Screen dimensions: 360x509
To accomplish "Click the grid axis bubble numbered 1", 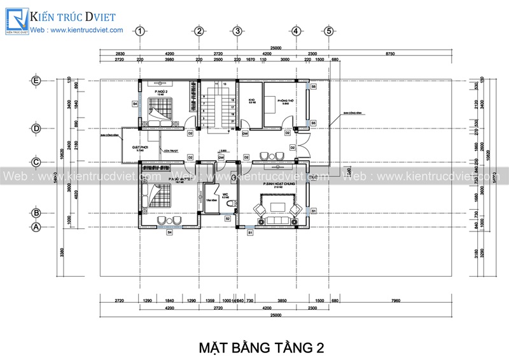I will [140, 31].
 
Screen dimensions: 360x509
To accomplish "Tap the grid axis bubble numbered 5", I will [329, 31].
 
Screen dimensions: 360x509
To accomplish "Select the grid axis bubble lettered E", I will [36, 81].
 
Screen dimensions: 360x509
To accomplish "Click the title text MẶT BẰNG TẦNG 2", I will [261, 348].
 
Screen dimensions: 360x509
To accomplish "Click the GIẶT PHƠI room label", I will [140, 148].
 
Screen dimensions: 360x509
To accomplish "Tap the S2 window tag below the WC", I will [227, 218].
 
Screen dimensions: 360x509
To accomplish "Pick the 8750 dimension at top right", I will [390, 54].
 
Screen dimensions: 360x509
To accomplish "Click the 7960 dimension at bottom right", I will [396, 300].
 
